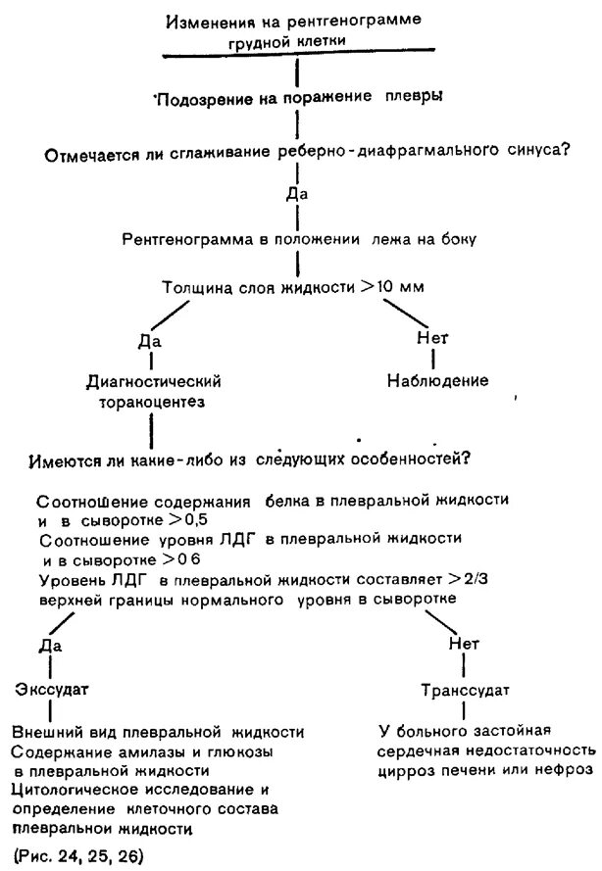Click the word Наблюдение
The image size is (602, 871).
[435, 379]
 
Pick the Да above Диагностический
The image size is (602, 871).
[150, 341]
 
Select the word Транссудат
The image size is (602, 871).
[464, 691]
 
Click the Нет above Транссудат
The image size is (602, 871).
[463, 644]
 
